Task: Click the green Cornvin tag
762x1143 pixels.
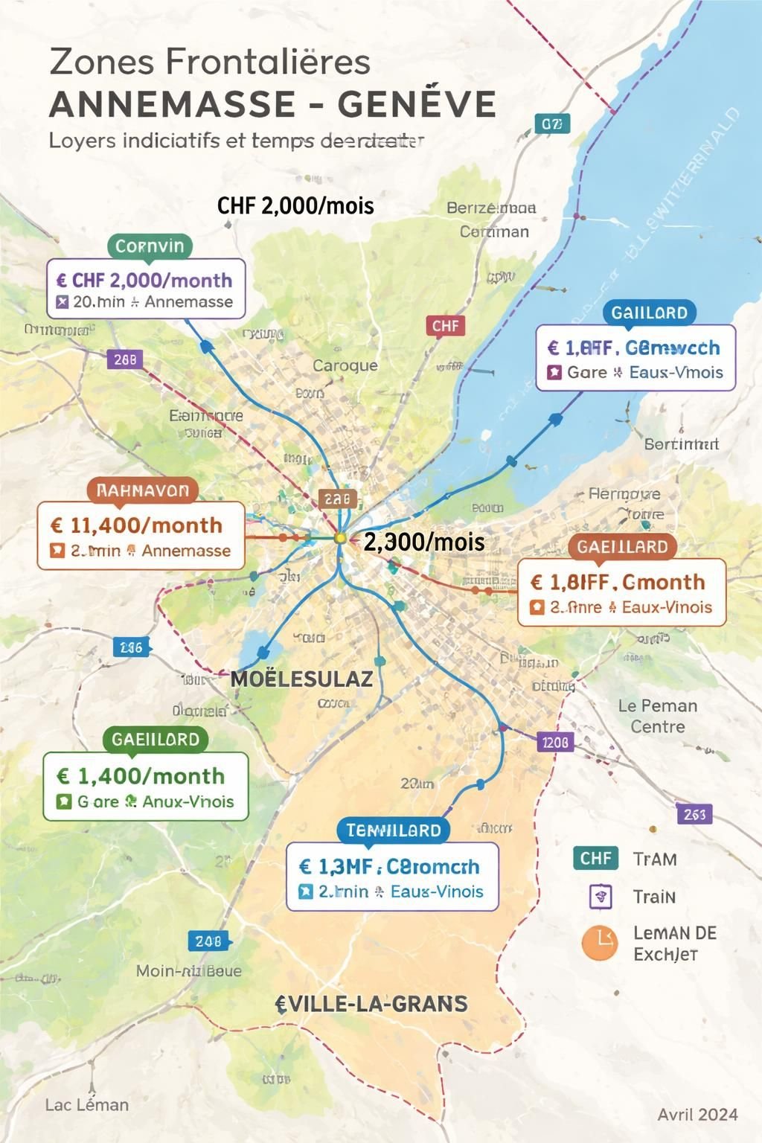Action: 150,246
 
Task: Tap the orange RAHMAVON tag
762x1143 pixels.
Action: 143,490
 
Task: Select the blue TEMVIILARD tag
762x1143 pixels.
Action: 393,830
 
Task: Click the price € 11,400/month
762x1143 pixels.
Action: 136,525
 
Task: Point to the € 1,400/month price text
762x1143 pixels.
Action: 141,776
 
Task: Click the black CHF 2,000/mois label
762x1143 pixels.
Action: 295,205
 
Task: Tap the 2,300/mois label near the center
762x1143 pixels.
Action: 424,542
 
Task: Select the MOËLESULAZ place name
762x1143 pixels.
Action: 301,679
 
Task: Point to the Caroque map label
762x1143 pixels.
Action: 345,365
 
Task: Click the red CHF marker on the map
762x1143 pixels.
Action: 445,326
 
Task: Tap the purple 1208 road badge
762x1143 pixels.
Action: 555,742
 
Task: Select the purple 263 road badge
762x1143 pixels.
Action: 694,814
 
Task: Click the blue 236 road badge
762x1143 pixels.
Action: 131,647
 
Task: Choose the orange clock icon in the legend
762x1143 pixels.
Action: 600,943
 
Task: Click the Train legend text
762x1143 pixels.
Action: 654,897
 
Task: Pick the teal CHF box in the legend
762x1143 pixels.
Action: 596,858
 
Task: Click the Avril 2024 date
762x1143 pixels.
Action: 697,1114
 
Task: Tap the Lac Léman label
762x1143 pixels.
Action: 87,1105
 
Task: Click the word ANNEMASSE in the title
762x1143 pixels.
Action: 177,104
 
